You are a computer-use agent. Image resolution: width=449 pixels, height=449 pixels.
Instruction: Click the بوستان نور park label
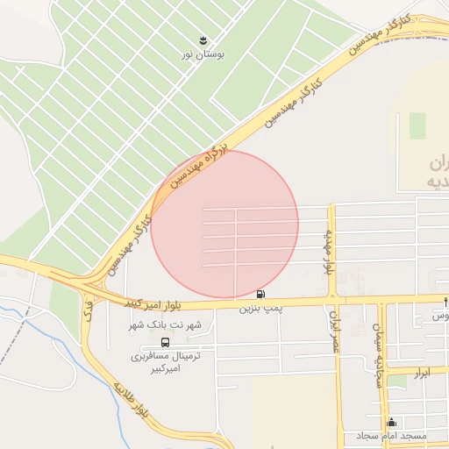(203, 54)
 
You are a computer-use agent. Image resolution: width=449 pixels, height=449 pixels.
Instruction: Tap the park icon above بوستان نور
(203, 40)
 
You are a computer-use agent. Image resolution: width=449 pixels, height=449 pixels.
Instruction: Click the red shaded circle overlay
(224, 224)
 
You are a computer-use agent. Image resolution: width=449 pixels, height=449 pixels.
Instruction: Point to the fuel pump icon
(260, 294)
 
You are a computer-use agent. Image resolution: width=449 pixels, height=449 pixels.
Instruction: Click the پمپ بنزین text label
(260, 309)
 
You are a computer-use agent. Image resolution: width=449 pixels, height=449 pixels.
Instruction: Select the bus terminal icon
(167, 342)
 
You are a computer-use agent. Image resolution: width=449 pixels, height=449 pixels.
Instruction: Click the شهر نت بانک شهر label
(166, 325)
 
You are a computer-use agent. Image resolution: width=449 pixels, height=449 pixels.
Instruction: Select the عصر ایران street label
(334, 331)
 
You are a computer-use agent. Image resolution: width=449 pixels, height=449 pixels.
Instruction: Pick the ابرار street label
(423, 373)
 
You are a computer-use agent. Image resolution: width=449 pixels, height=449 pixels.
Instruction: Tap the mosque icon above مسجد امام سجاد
(391, 422)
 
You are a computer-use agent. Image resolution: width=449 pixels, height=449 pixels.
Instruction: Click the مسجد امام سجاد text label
(391, 436)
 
